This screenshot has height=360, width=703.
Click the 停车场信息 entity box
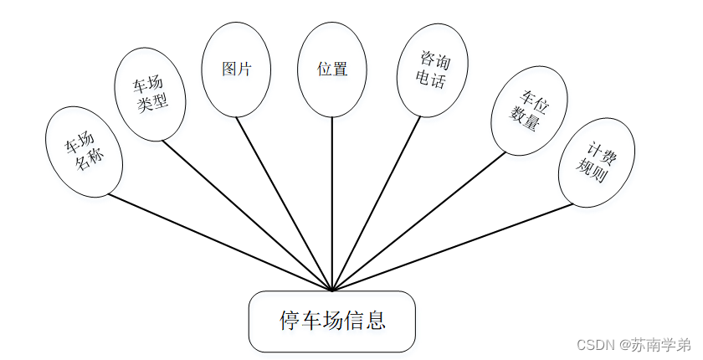click(332, 321)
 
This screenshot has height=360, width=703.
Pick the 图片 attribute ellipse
click(237, 69)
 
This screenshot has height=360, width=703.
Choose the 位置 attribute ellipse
click(332, 69)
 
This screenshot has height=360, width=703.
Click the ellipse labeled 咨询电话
click(432, 70)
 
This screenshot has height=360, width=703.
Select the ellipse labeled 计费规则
click(596, 162)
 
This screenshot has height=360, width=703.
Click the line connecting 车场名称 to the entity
click(218, 243)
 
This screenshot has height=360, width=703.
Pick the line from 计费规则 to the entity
click(452, 247)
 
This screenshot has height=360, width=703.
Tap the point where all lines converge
click(332, 291)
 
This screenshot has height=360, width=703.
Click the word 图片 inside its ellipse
click(237, 69)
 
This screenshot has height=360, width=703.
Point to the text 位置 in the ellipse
click(332, 69)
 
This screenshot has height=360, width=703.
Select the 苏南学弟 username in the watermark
click(661, 345)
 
